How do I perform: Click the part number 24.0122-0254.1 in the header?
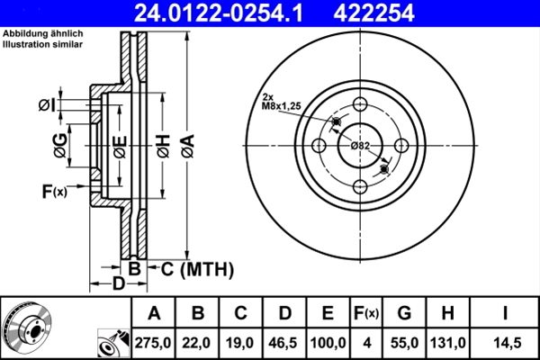pos(214,13)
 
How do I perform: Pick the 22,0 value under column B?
pos(197,342)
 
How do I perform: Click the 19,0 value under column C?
pos(240,342)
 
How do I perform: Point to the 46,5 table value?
pos(283,342)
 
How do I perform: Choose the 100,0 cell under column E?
pos(328,342)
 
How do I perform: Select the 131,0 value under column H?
pos(447,342)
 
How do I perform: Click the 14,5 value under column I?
pos(506,342)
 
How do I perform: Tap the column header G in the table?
pos(404,313)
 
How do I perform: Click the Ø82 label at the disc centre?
pos(360,146)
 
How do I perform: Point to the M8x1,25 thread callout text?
pos(282,106)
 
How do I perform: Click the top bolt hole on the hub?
pos(360,103)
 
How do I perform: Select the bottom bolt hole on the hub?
pos(360,186)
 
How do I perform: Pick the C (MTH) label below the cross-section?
pos(196,268)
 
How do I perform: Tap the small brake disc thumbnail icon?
pos(27,328)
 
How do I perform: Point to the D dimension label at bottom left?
pos(117,284)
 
